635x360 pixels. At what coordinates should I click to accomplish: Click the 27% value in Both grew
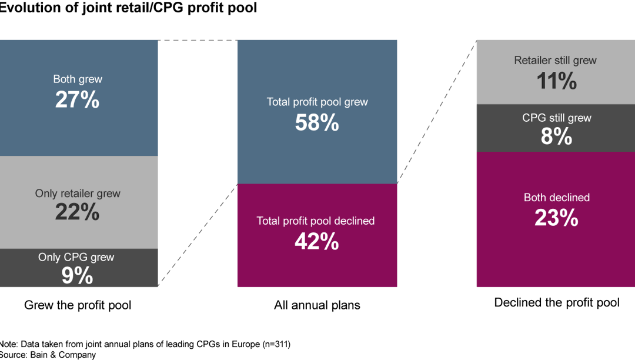[77, 100]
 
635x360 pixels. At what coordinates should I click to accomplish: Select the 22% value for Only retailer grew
[77, 212]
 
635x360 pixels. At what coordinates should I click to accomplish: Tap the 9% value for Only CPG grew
[77, 275]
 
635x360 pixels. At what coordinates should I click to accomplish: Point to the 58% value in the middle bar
[317, 123]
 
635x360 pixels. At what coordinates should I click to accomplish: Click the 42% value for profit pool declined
[317, 241]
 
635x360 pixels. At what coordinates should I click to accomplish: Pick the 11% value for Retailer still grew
[556, 81]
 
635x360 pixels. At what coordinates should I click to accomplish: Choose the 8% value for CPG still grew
[556, 137]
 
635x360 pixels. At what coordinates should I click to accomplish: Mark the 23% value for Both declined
[556, 218]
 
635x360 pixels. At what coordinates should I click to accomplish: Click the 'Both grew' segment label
[77, 79]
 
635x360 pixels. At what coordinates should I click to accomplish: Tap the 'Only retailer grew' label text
[77, 194]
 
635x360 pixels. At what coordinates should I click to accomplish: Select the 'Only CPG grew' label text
[76, 258]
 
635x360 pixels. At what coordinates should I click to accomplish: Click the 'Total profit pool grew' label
[317, 102]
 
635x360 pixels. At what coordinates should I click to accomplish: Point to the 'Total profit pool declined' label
[316, 221]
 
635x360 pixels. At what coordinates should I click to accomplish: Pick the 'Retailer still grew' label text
[555, 61]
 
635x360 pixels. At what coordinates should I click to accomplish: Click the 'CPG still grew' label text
[556, 118]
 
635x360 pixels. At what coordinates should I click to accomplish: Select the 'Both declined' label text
[556, 198]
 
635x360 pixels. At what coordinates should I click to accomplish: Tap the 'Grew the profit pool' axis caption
[78, 305]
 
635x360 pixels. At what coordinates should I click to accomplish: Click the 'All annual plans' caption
[317, 305]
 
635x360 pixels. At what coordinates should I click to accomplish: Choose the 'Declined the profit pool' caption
[557, 303]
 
